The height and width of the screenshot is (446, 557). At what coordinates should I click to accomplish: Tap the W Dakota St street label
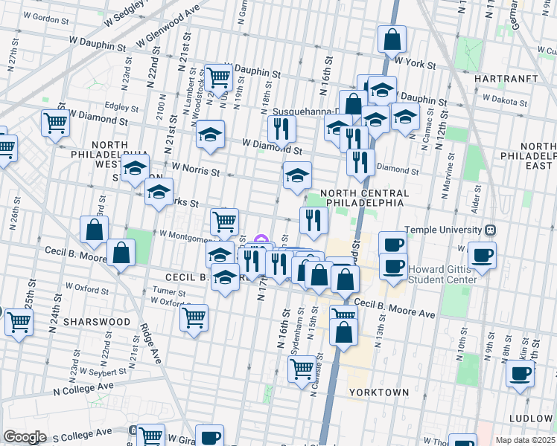coord(505,98)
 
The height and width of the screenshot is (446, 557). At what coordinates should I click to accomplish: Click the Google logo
coord(25,436)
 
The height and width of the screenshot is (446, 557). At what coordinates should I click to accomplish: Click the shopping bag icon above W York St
coord(392,39)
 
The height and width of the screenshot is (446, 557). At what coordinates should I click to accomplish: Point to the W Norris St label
coord(196,170)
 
